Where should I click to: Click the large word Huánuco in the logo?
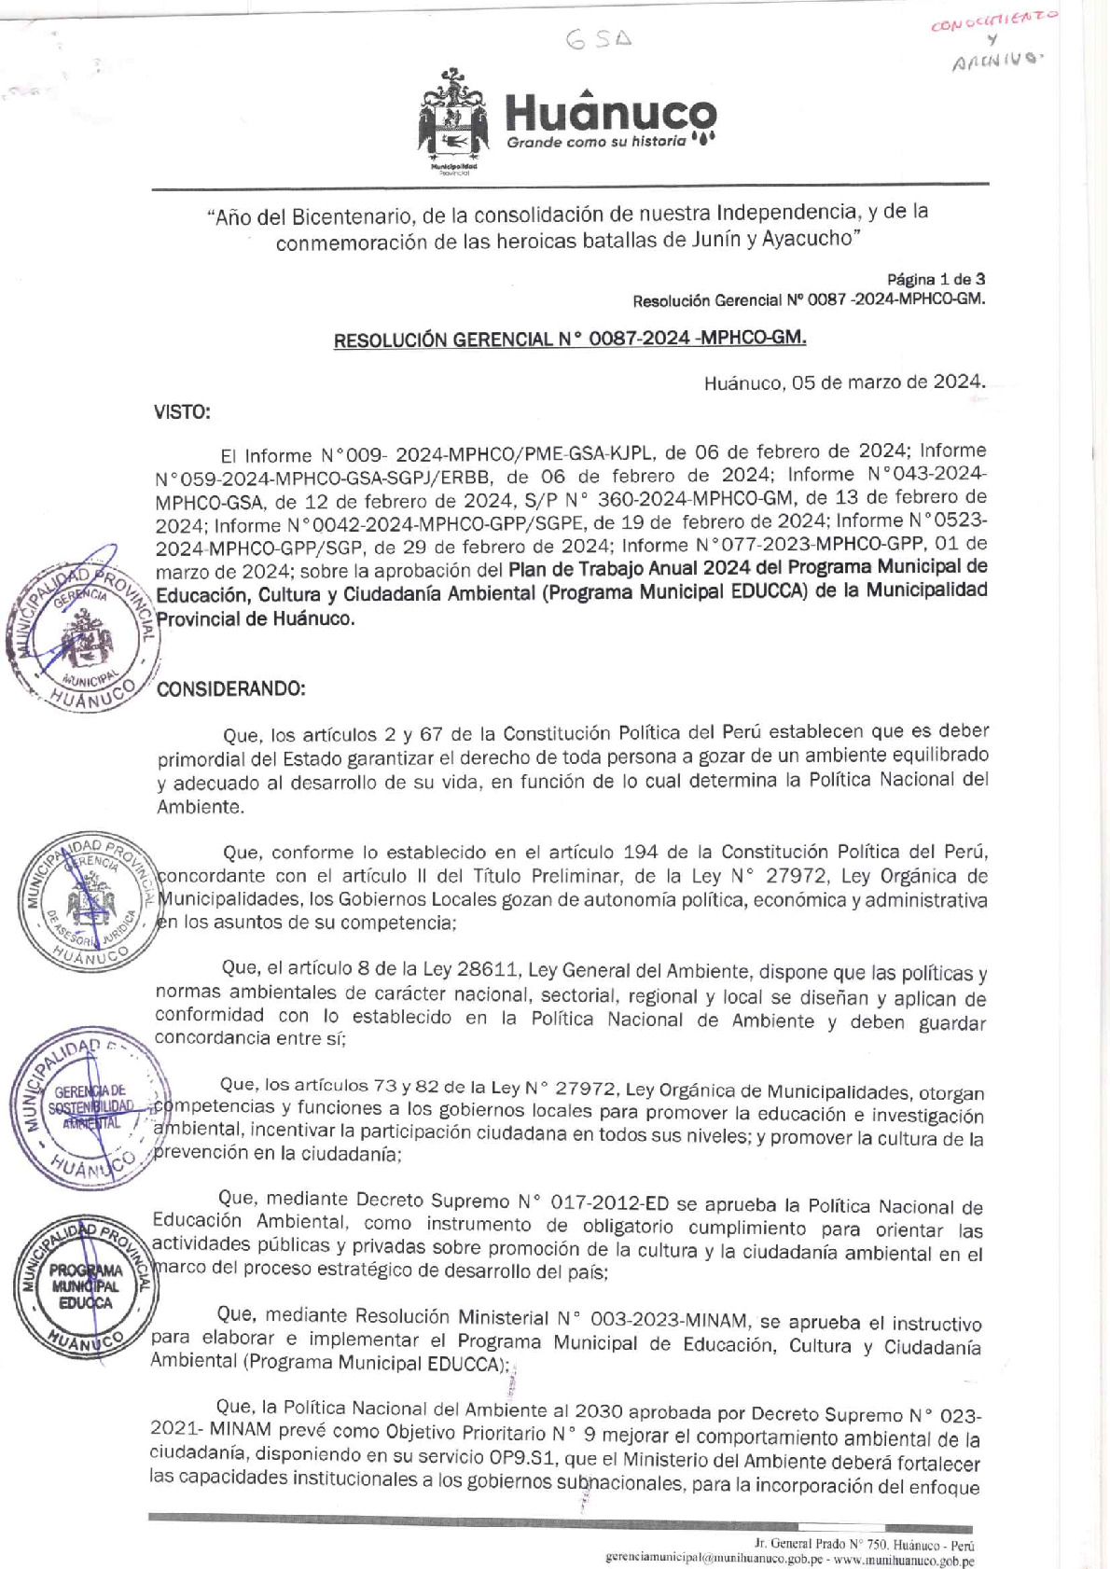610,114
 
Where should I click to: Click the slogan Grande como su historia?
596,142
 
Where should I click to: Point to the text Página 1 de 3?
936,279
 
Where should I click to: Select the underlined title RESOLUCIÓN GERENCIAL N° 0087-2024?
570,339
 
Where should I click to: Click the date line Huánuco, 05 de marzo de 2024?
844,382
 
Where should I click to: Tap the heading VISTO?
182,411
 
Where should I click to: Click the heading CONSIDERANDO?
231,688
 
